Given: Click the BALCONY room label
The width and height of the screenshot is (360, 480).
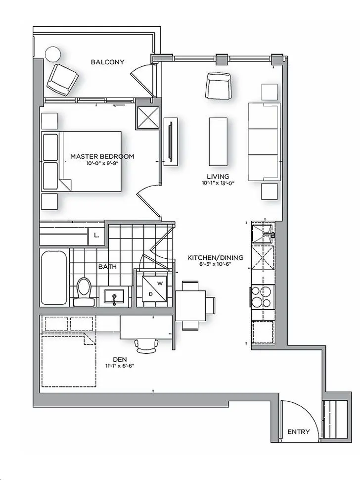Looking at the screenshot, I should pyautogui.click(x=107, y=62).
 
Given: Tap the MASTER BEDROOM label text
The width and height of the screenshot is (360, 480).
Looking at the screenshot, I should pyautogui.click(x=102, y=156).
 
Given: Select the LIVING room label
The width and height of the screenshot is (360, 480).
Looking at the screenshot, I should pyautogui.click(x=218, y=177).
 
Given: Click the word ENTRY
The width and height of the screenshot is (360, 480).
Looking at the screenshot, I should pyautogui.click(x=299, y=432).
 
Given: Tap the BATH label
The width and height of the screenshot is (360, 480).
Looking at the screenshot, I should pyautogui.click(x=107, y=267).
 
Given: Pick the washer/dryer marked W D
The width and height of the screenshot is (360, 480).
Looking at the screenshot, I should pyautogui.click(x=153, y=288).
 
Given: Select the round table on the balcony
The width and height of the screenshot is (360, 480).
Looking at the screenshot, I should pyautogui.click(x=52, y=54).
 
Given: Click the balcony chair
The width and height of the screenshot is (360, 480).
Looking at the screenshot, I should pyautogui.click(x=62, y=78).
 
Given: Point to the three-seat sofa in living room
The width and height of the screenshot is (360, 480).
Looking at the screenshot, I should pyautogui.click(x=264, y=142).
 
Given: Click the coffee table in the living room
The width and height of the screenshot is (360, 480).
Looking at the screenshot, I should pyautogui.click(x=219, y=142).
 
